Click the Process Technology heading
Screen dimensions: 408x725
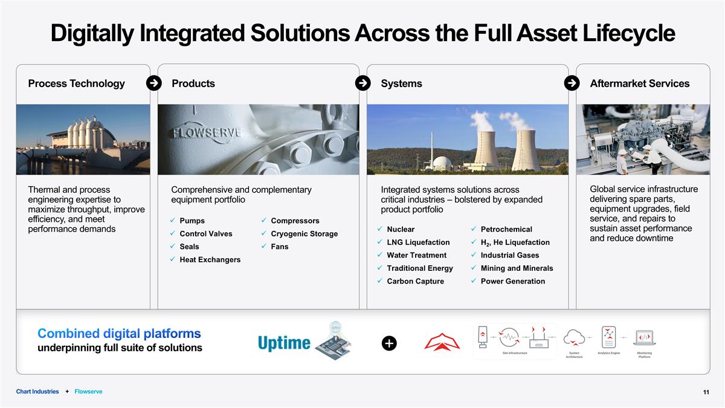[76, 83]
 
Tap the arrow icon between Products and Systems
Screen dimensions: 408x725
[362, 83]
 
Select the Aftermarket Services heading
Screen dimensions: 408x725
[639, 83]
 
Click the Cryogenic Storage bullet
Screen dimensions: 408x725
[304, 234]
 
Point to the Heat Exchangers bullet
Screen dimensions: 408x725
[210, 260]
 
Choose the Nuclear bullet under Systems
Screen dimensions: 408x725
[401, 230]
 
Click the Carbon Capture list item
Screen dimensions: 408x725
[415, 282]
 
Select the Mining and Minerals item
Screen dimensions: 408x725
[517, 268]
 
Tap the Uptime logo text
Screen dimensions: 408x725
[283, 343]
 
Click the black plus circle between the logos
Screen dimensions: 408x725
[389, 343]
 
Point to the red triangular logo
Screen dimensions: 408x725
[442, 342]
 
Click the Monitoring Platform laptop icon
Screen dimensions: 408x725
[644, 337]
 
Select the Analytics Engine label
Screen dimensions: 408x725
[608, 353]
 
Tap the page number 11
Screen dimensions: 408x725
[706, 393]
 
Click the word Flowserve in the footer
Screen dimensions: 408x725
[88, 392]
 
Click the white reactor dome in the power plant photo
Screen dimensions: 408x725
[442, 163]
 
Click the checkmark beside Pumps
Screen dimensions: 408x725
[173, 221]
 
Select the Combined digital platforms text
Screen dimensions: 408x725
[119, 334]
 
